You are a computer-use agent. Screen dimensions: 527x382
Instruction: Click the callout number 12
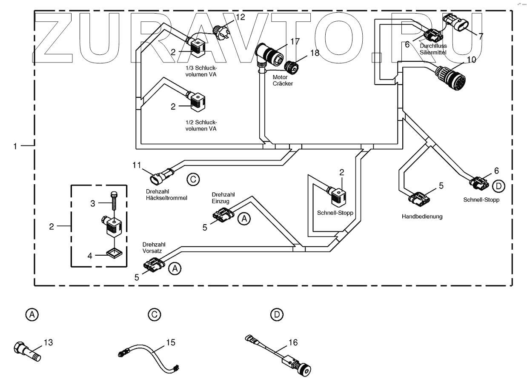(240, 17)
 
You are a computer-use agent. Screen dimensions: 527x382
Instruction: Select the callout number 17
(295, 41)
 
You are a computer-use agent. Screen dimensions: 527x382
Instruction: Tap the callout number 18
(315, 53)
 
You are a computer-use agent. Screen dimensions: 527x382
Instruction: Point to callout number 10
(471, 60)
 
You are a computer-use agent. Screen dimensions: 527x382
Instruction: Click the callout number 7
(481, 36)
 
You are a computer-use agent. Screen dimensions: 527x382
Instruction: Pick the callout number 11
(137, 165)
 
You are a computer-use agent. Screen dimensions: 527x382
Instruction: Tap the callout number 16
(293, 342)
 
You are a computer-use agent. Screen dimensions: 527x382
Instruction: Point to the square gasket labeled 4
(115, 254)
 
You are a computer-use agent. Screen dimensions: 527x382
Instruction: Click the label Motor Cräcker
(283, 80)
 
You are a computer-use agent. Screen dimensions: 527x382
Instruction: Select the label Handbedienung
(422, 217)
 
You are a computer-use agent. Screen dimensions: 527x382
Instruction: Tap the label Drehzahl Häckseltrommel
(166, 195)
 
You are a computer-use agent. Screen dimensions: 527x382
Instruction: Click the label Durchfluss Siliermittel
(433, 49)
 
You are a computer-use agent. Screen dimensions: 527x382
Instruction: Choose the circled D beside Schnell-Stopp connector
(498, 186)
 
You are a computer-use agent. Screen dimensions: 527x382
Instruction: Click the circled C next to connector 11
(193, 180)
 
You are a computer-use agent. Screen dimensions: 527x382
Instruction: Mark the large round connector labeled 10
(450, 77)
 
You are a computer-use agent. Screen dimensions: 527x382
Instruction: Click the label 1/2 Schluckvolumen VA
(201, 125)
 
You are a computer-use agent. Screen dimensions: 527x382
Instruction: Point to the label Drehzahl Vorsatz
(154, 248)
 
